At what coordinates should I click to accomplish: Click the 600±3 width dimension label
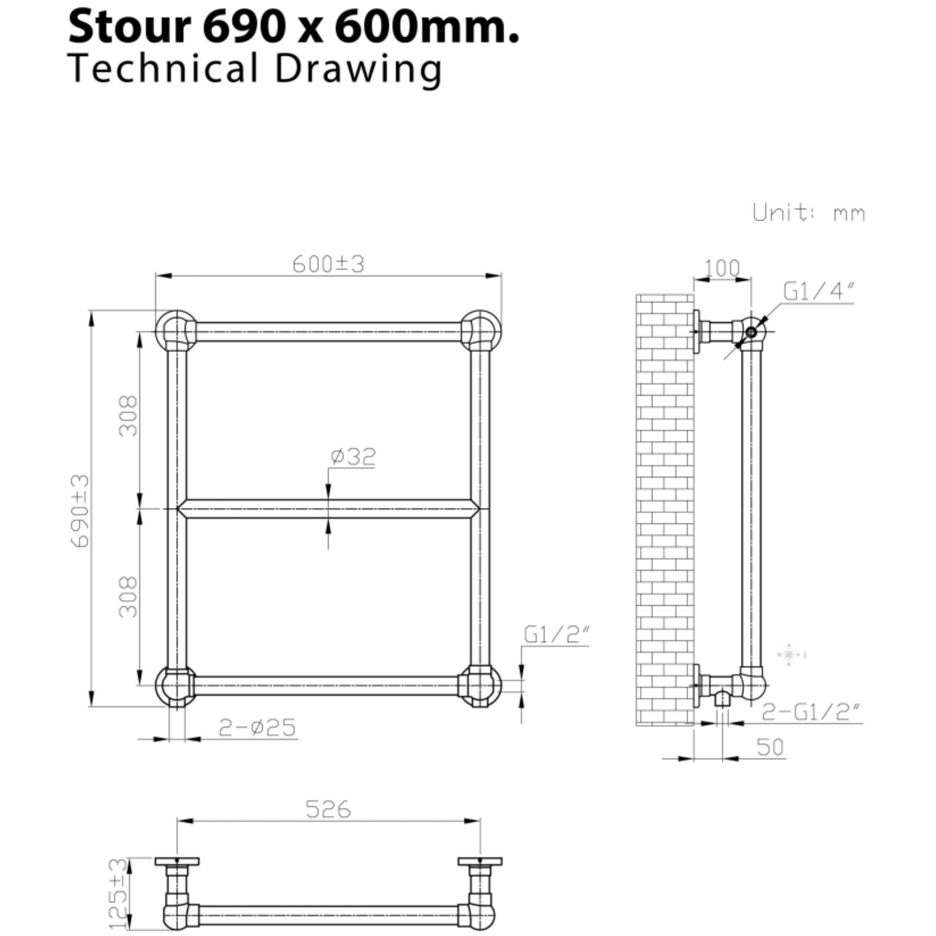[x=328, y=264]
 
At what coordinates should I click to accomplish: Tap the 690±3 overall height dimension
[x=80, y=511]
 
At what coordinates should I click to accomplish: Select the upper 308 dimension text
[x=129, y=416]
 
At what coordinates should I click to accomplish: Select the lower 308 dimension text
[x=129, y=596]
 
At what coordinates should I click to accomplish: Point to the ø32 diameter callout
[x=353, y=456]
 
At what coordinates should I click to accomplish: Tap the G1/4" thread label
[x=818, y=292]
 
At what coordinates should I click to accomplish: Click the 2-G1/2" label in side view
[x=811, y=712]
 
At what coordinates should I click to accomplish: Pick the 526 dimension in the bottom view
[x=328, y=809]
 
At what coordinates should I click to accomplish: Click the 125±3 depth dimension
[x=118, y=892]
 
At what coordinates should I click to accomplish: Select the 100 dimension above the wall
[x=722, y=268]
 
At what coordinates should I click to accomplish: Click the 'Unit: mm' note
[x=809, y=212]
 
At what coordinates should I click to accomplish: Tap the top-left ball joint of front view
[x=176, y=330]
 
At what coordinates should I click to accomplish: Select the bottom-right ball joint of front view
[x=480, y=685]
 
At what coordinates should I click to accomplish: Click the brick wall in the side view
[x=665, y=509]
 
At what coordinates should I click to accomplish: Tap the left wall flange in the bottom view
[x=177, y=861]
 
